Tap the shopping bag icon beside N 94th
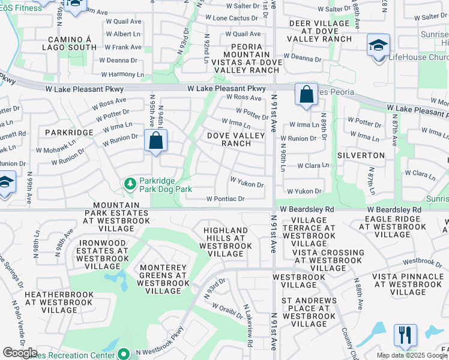(155, 142)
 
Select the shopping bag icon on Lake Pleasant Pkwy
(306, 95)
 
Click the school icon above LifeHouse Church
(378, 46)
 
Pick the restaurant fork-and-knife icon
(405, 335)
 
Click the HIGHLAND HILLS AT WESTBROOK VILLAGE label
(226, 242)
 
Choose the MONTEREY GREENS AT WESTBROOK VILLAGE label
(163, 279)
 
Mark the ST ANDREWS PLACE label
(307, 316)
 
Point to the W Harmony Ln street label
(122, 75)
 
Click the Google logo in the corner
(20, 353)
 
